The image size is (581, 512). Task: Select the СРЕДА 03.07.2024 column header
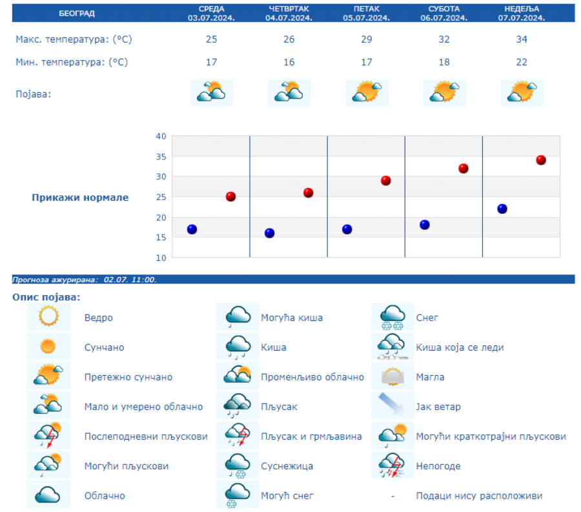211,13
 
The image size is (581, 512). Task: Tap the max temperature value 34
522,39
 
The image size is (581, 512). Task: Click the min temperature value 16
289,62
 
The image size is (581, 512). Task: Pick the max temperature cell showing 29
366,39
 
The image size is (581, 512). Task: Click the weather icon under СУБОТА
444,92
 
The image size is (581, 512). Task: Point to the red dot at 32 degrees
463,169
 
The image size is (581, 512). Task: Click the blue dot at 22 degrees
502,209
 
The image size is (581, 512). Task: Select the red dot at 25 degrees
230,196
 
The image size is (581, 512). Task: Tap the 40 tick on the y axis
161,136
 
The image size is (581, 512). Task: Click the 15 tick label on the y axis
161,237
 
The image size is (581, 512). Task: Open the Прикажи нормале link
80,198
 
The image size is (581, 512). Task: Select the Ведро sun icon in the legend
48,317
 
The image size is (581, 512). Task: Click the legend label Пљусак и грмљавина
311,436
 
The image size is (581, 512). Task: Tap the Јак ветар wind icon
392,406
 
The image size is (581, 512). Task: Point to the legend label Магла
430,377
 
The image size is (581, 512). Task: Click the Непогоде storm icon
392,466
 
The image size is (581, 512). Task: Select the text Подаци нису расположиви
479,496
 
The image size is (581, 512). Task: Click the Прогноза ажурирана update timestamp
85,280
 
